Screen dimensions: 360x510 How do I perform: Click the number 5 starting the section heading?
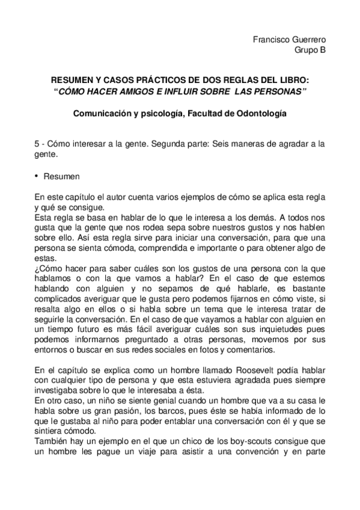click(x=38, y=143)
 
